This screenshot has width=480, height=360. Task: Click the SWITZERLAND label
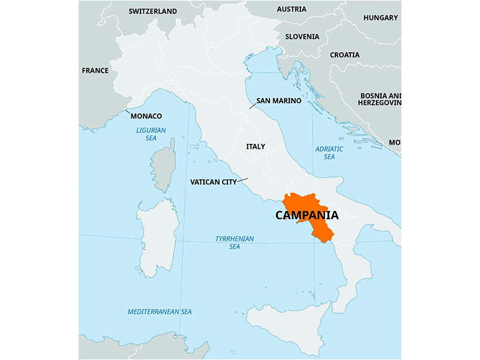(x=153, y=11)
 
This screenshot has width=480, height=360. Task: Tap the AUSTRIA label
(x=291, y=10)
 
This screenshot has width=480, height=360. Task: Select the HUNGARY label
(x=380, y=18)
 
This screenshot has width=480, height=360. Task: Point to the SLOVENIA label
(x=302, y=37)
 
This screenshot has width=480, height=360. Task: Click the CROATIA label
(x=344, y=55)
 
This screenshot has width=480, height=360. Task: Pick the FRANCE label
(x=95, y=71)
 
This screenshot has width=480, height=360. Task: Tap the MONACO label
(x=146, y=116)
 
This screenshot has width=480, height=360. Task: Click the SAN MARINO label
(x=278, y=101)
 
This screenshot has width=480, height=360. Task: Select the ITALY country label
(x=255, y=146)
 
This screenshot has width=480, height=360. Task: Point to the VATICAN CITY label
(x=213, y=182)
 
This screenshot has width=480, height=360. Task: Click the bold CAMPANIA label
(x=307, y=215)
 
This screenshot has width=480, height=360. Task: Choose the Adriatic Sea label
(x=329, y=153)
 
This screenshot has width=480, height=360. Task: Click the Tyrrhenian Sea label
(x=234, y=242)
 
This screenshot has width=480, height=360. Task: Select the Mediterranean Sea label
(x=160, y=312)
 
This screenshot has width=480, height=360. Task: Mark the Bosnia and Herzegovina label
(x=380, y=99)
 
